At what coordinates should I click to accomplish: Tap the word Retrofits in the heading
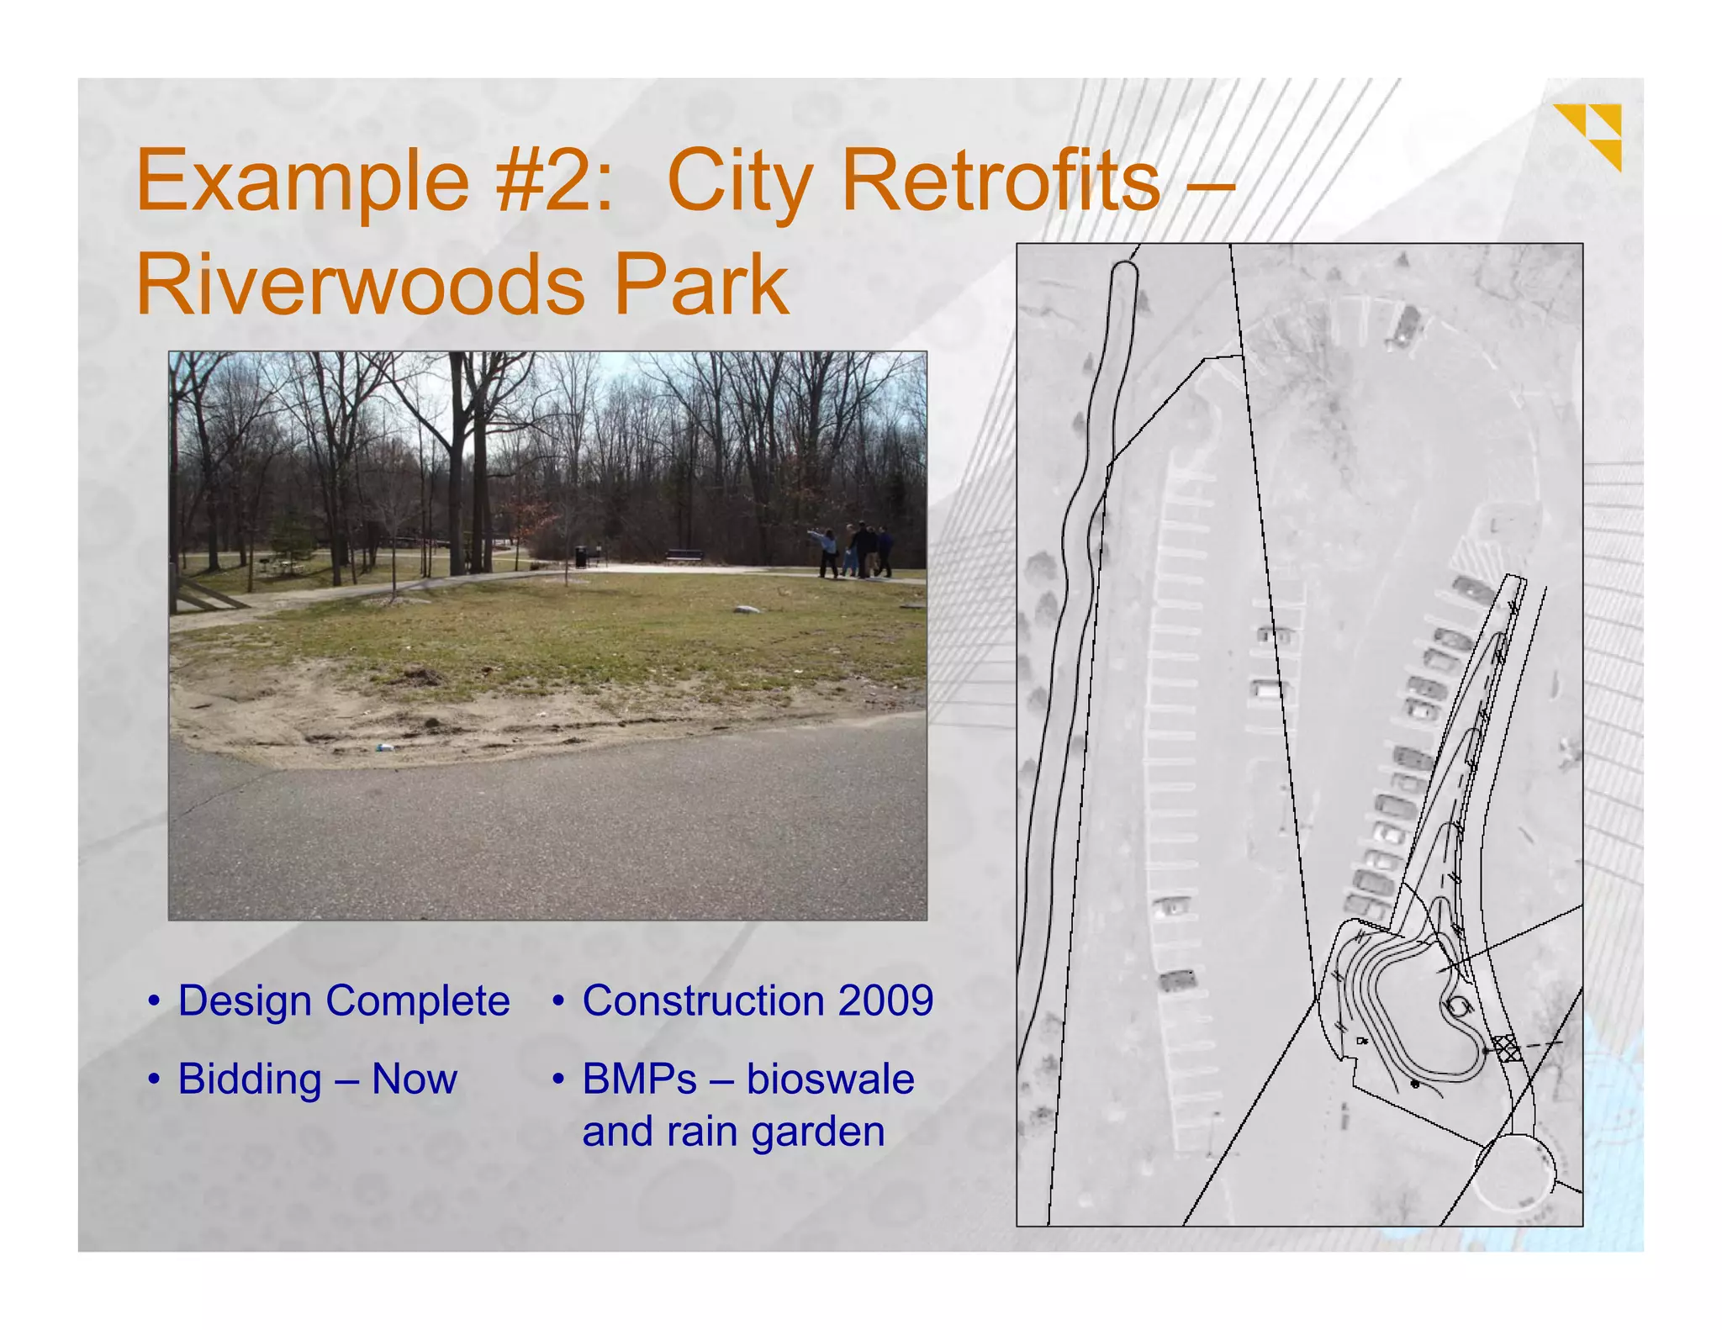point(1000,180)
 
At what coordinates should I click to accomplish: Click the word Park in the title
point(701,286)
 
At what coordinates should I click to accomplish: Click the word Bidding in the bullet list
point(250,1079)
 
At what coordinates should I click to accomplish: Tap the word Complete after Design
point(417,1001)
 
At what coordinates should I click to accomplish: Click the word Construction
point(703,1000)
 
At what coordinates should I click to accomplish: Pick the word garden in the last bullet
point(817,1132)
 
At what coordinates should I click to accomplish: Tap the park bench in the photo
point(684,556)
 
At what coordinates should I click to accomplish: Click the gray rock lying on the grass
point(746,610)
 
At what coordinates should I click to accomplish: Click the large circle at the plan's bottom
point(1513,1174)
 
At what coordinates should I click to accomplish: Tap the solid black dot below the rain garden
point(1414,1085)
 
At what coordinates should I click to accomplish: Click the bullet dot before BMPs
point(557,1079)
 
